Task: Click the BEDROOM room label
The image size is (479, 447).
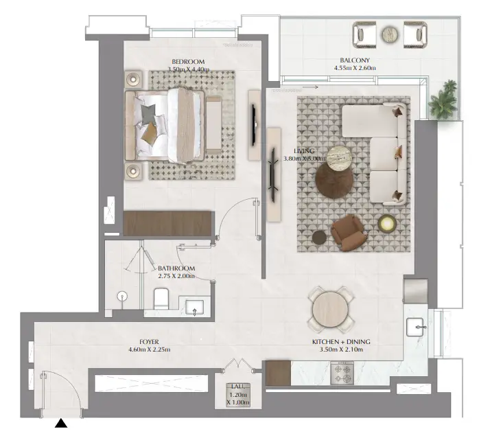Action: [188, 62]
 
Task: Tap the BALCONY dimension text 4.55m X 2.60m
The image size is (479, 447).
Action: [355, 68]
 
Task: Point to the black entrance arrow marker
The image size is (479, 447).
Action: [61, 423]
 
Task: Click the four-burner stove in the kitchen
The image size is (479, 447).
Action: [342, 374]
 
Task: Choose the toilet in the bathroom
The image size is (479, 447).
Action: [161, 298]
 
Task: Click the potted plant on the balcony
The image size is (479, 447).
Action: [443, 100]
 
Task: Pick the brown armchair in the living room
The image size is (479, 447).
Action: [349, 232]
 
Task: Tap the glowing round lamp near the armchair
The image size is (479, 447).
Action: [387, 224]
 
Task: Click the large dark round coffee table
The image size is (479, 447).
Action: [334, 179]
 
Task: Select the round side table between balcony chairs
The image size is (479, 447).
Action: [390, 34]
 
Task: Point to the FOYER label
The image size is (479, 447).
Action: [149, 342]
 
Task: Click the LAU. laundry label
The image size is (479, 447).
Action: [238, 387]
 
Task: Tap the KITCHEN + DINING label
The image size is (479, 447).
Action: [341, 342]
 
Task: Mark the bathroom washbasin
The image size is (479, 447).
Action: [195, 308]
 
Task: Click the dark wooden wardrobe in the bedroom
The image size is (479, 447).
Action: [167, 223]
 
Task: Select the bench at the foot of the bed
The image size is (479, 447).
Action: [213, 124]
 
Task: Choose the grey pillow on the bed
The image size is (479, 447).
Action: [148, 113]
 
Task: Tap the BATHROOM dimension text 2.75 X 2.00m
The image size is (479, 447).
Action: [176, 276]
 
